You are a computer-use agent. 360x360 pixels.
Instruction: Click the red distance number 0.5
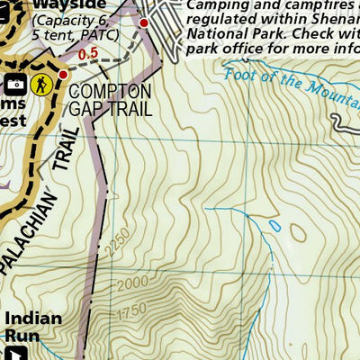point(87,54)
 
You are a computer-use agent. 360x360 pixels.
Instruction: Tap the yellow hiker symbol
point(40,85)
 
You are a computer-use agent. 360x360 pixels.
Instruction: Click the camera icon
point(15,85)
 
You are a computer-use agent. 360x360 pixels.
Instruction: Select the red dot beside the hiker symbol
point(63,74)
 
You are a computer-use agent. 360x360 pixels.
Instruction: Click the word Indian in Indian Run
point(33,319)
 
